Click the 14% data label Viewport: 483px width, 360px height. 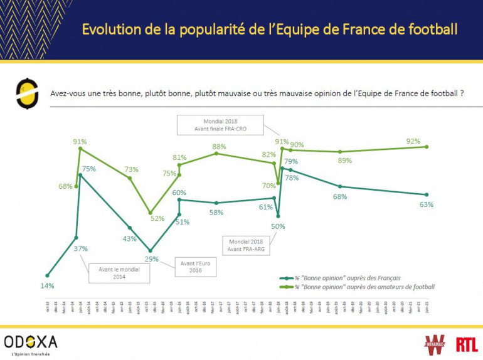(48, 286)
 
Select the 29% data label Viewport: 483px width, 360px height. (152, 258)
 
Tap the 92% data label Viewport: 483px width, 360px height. (413, 141)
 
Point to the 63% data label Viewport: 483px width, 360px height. (427, 204)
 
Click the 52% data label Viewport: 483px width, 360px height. (157, 219)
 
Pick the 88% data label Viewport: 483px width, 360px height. (219, 147)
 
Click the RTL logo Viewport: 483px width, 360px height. (467, 344)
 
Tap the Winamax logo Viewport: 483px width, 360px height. (436, 344)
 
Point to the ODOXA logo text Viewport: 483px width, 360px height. (31, 341)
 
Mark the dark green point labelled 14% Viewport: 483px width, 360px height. (47, 275)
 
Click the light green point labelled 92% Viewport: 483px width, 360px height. (427, 147)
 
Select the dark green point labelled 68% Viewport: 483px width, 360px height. (340, 186)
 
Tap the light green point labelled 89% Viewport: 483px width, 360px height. (340, 152)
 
